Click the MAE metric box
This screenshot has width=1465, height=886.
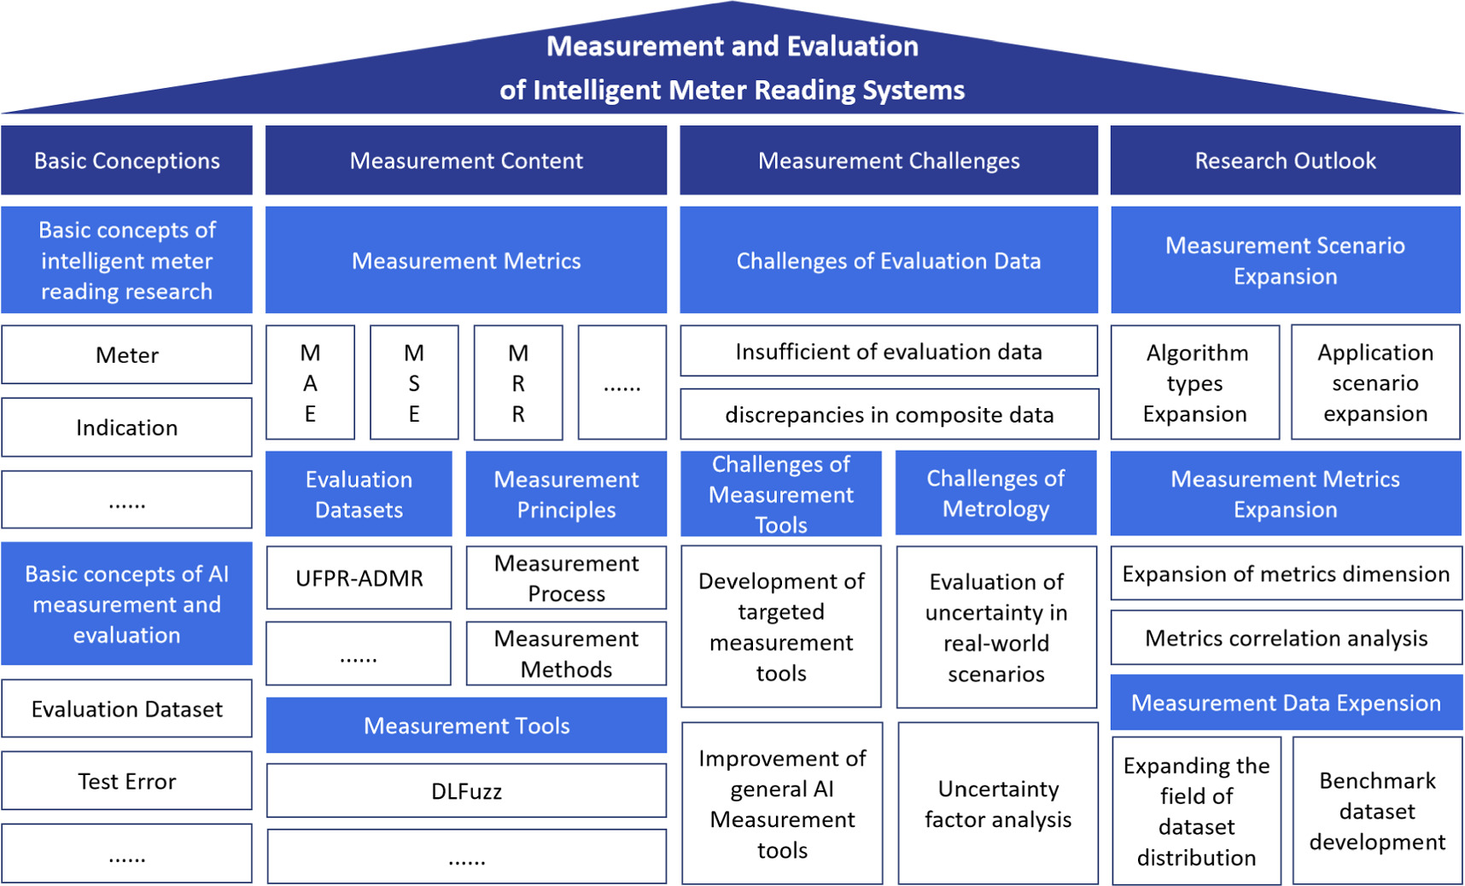(x=310, y=382)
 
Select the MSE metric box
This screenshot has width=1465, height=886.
(x=414, y=382)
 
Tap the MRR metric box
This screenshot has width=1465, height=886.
(x=518, y=382)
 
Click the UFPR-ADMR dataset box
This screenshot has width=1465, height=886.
(x=359, y=578)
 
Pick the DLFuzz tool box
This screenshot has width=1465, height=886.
(x=466, y=790)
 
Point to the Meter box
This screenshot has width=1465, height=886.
(x=126, y=354)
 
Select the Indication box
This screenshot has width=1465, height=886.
(x=126, y=427)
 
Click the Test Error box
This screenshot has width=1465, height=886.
(x=126, y=780)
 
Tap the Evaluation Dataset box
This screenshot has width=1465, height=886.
(x=126, y=708)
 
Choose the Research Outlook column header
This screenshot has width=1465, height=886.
(x=1285, y=160)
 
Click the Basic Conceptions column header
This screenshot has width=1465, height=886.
(x=126, y=160)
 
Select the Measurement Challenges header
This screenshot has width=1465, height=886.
(x=889, y=160)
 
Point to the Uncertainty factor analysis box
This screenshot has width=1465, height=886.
(x=997, y=803)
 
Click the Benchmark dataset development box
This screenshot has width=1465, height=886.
(x=1377, y=811)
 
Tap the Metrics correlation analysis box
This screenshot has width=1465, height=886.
(x=1286, y=638)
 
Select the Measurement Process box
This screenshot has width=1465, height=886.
(x=566, y=578)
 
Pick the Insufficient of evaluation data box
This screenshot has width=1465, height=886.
(x=889, y=351)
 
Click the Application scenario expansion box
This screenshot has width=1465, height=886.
(x=1375, y=382)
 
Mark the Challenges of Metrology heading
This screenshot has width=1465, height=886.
(x=995, y=493)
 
